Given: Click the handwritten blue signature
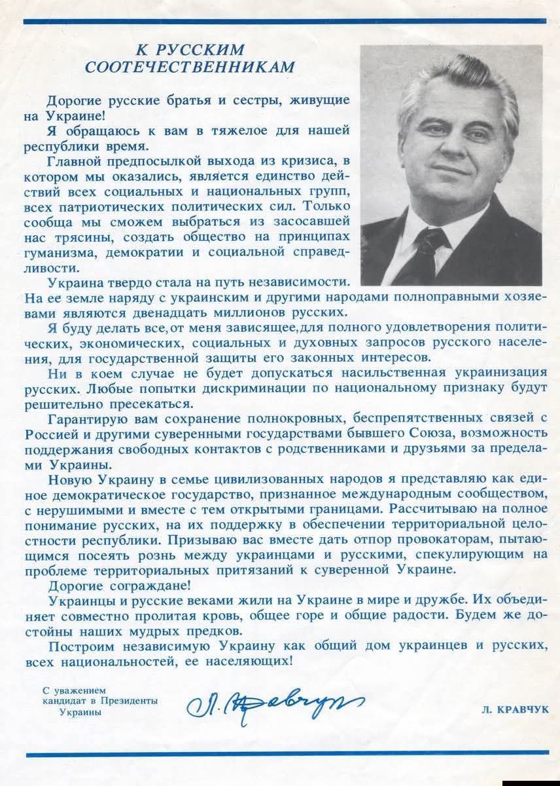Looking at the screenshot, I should (x=274, y=703).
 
